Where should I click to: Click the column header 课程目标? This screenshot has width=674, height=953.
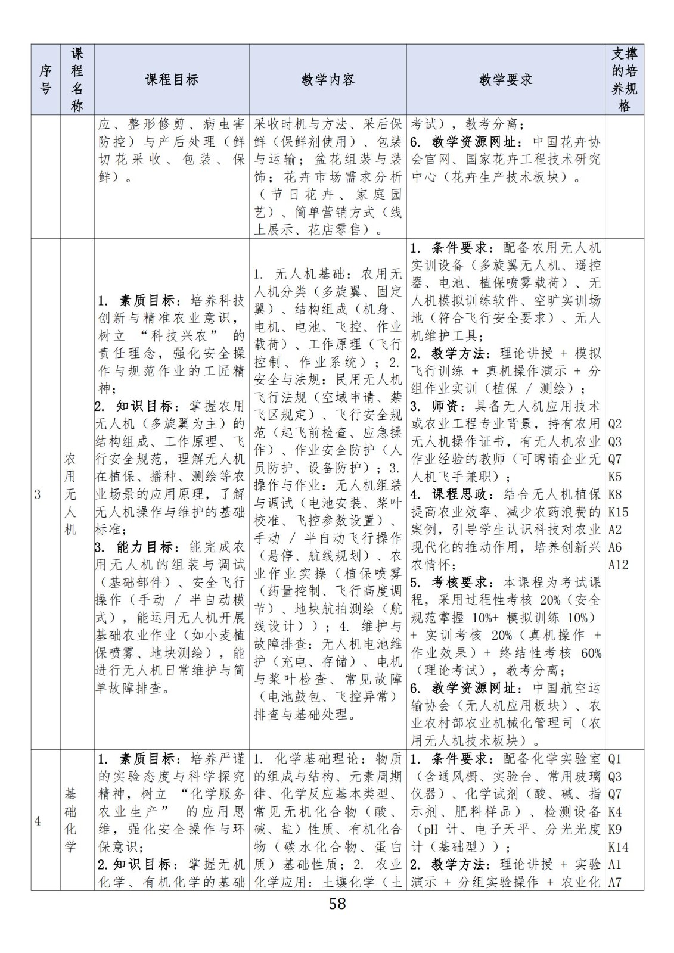click(172, 80)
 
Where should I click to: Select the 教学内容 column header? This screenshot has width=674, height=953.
click(328, 80)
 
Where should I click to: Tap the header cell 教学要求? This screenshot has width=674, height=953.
click(505, 80)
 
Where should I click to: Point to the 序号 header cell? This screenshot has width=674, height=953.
click(45, 80)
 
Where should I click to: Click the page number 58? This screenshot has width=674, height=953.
click(337, 904)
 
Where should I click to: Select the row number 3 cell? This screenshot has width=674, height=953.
click(38, 494)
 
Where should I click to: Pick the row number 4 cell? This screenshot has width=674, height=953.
click(38, 821)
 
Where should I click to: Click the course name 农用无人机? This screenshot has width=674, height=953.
click(71, 494)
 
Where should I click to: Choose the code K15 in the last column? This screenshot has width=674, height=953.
click(618, 512)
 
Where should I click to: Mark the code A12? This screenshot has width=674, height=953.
click(618, 565)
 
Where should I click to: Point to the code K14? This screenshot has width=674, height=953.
click(618, 847)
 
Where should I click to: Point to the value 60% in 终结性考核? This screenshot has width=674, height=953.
click(590, 653)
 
